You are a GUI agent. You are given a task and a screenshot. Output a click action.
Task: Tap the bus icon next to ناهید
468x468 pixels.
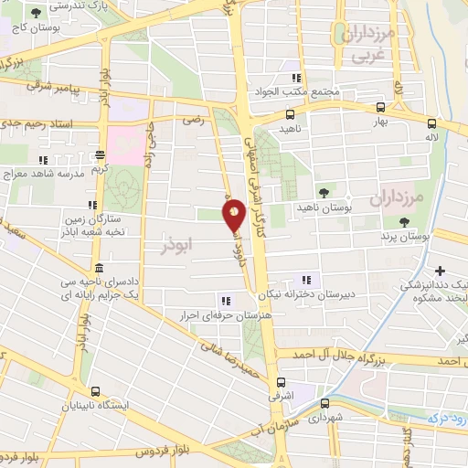coord(290,115)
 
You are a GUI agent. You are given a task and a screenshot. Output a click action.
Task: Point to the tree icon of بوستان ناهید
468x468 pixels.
coord(324,191)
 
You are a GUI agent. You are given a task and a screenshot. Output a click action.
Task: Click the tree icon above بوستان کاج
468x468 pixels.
coord(36,14)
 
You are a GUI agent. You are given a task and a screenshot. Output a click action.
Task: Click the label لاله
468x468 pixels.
coord(444,137)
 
